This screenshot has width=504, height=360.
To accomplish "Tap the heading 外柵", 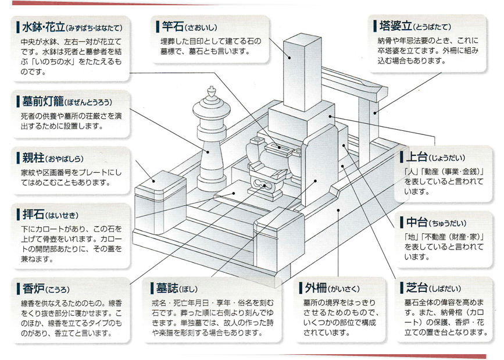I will pos(315,288).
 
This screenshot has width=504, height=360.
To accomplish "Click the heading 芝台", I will pos(413,288).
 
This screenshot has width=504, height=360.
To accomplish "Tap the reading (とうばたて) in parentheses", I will pos(432,27).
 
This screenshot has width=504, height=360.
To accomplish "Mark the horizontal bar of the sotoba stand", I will pos(352,81).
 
